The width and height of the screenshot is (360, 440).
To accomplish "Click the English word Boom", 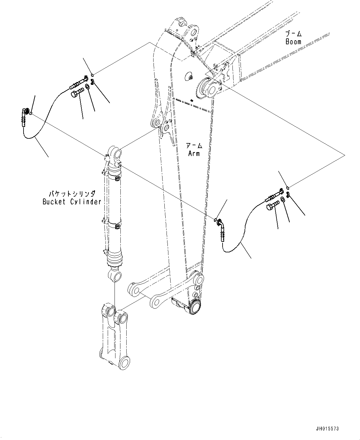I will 293,42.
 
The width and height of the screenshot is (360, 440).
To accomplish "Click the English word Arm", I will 194,153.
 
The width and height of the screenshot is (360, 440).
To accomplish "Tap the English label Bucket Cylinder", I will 72,202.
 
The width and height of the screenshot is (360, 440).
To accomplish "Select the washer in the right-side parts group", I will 283,199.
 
